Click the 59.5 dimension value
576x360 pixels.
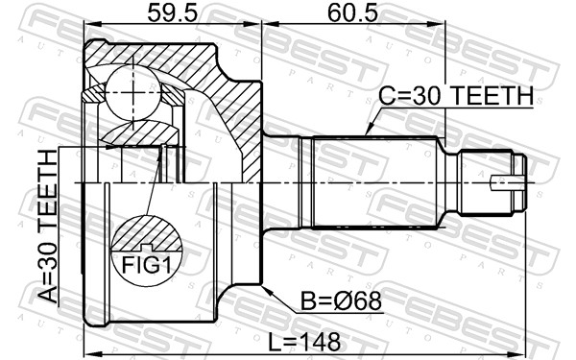[x=172, y=14]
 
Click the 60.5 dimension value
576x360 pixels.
[x=353, y=14]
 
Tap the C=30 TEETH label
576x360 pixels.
[x=456, y=96]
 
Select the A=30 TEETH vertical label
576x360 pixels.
[x=48, y=227]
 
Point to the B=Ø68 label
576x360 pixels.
[x=341, y=302]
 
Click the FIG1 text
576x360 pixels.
[x=147, y=265]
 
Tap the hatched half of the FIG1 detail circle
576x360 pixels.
[x=147, y=234]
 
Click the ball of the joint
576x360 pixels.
[x=132, y=92]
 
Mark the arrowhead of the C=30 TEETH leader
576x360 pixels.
[x=369, y=131]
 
